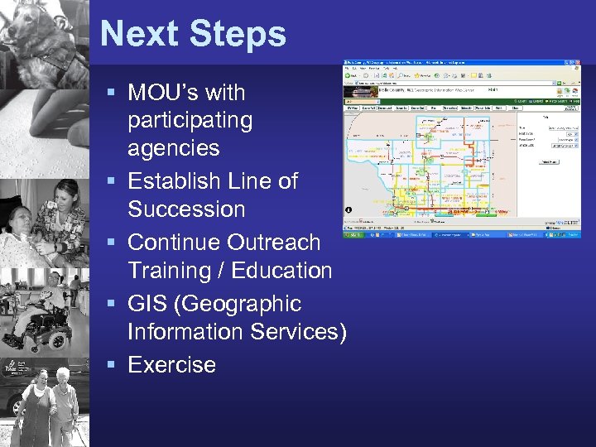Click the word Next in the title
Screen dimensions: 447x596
[140, 35]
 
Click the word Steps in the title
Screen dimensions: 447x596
[238, 35]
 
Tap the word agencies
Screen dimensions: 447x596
[174, 149]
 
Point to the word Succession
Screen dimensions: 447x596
[186, 209]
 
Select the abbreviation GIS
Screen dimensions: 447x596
[148, 304]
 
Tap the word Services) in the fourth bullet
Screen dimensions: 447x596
[295, 332]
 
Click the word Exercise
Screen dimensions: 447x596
[171, 365]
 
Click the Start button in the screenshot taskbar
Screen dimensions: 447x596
[356, 235]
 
